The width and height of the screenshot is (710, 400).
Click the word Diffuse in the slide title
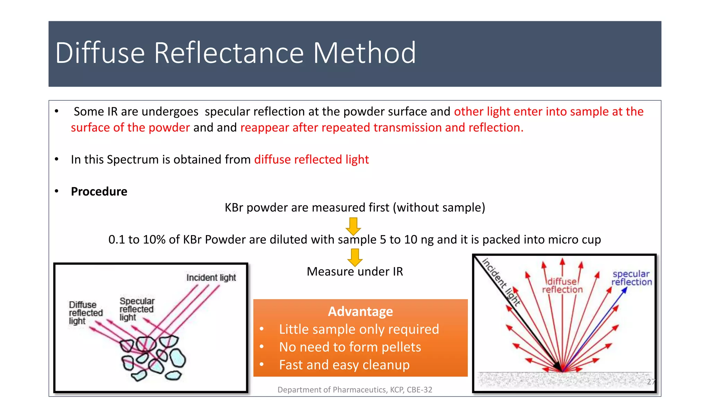click(x=100, y=53)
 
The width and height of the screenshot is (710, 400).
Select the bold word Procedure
click(x=99, y=192)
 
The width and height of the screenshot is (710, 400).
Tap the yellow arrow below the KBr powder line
click(x=353, y=226)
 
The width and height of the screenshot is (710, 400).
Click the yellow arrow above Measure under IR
click(x=355, y=258)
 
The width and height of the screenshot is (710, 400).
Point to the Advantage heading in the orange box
click(x=360, y=311)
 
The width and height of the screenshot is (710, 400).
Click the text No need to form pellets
click(x=350, y=347)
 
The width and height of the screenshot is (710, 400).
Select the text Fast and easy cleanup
click(x=344, y=365)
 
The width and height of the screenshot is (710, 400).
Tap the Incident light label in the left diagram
click(x=211, y=277)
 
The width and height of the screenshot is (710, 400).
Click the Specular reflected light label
click(x=137, y=309)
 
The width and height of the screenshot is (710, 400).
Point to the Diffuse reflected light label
click(x=85, y=312)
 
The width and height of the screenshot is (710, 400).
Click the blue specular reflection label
click(x=631, y=278)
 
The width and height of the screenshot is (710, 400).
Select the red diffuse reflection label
click(x=562, y=285)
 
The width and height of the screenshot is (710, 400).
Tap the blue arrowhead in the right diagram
click(x=624, y=290)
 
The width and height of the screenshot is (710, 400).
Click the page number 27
click(x=651, y=382)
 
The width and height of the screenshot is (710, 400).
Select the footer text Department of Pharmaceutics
click(x=355, y=390)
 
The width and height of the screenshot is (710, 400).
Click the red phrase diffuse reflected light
click(x=311, y=159)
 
